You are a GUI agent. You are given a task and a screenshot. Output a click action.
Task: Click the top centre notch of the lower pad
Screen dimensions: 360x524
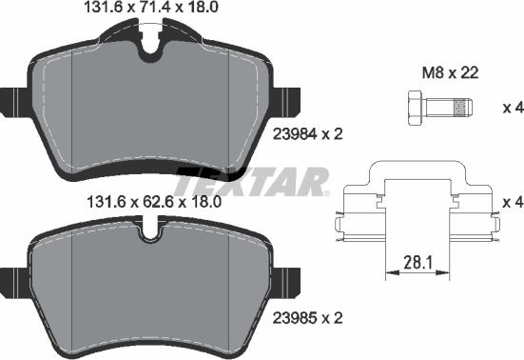point(149,231)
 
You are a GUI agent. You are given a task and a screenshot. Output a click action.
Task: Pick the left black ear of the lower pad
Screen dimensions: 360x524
point(13,283)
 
